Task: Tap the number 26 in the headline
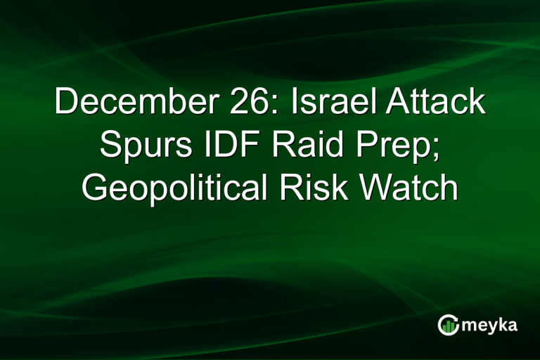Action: [243, 103]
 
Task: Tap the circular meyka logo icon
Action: [448, 326]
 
